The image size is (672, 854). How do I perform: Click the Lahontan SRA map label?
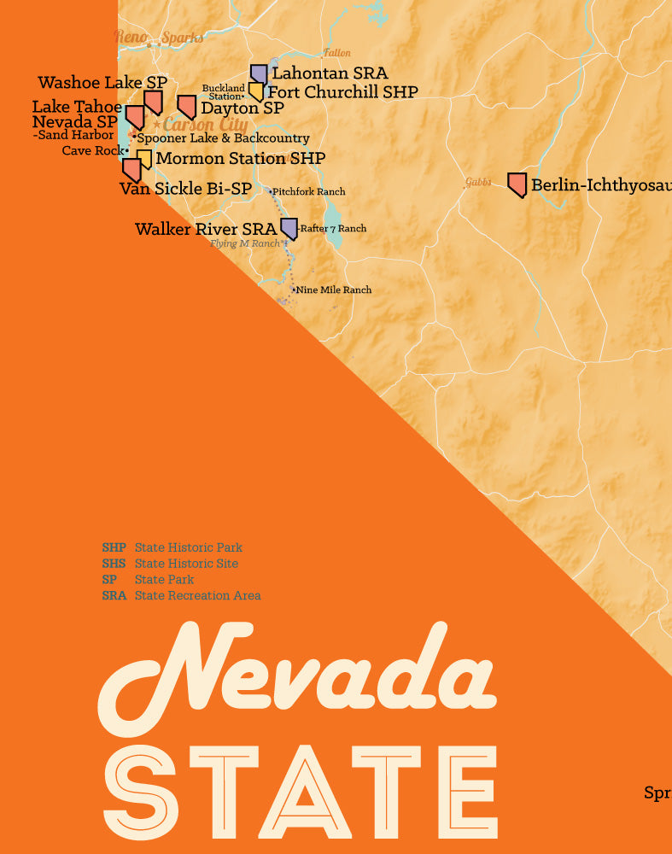(x=329, y=74)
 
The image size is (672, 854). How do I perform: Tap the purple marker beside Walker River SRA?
(x=289, y=227)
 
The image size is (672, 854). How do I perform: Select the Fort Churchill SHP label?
(x=342, y=92)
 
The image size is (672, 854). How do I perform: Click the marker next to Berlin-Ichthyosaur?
(x=517, y=184)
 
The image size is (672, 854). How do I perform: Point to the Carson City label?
(x=205, y=126)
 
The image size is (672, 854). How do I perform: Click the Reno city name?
(x=131, y=37)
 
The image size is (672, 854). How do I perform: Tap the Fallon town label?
(x=336, y=53)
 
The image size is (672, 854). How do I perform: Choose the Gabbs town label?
(x=478, y=182)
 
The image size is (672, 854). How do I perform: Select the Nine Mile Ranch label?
(x=334, y=290)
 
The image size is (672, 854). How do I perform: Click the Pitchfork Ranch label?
(x=308, y=192)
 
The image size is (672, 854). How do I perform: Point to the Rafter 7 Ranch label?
(x=333, y=229)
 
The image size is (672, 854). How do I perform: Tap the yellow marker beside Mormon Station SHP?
(x=144, y=160)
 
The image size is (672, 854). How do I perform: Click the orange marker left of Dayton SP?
(x=187, y=107)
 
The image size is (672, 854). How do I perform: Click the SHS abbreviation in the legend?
(x=114, y=564)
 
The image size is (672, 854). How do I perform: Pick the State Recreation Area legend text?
(x=197, y=595)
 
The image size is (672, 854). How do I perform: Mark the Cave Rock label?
(x=93, y=151)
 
